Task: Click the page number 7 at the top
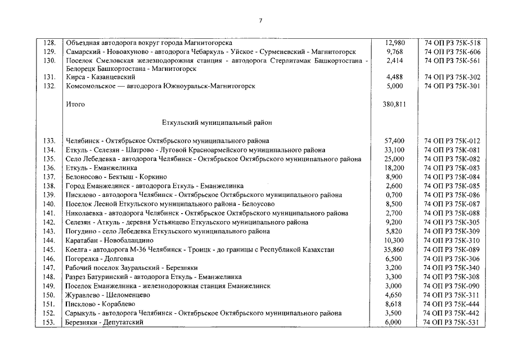[x=260, y=21]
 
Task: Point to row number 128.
[x=50, y=43]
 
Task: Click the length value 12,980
[x=395, y=43]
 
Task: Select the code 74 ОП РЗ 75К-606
[x=452, y=52]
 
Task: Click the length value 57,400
[x=395, y=141]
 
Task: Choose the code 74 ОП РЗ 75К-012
[x=452, y=141]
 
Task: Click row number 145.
[x=50, y=249]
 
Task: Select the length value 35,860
[x=395, y=249]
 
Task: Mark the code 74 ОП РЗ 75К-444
[x=452, y=304]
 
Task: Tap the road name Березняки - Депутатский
[x=105, y=322]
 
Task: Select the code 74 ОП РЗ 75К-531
[x=452, y=322]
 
